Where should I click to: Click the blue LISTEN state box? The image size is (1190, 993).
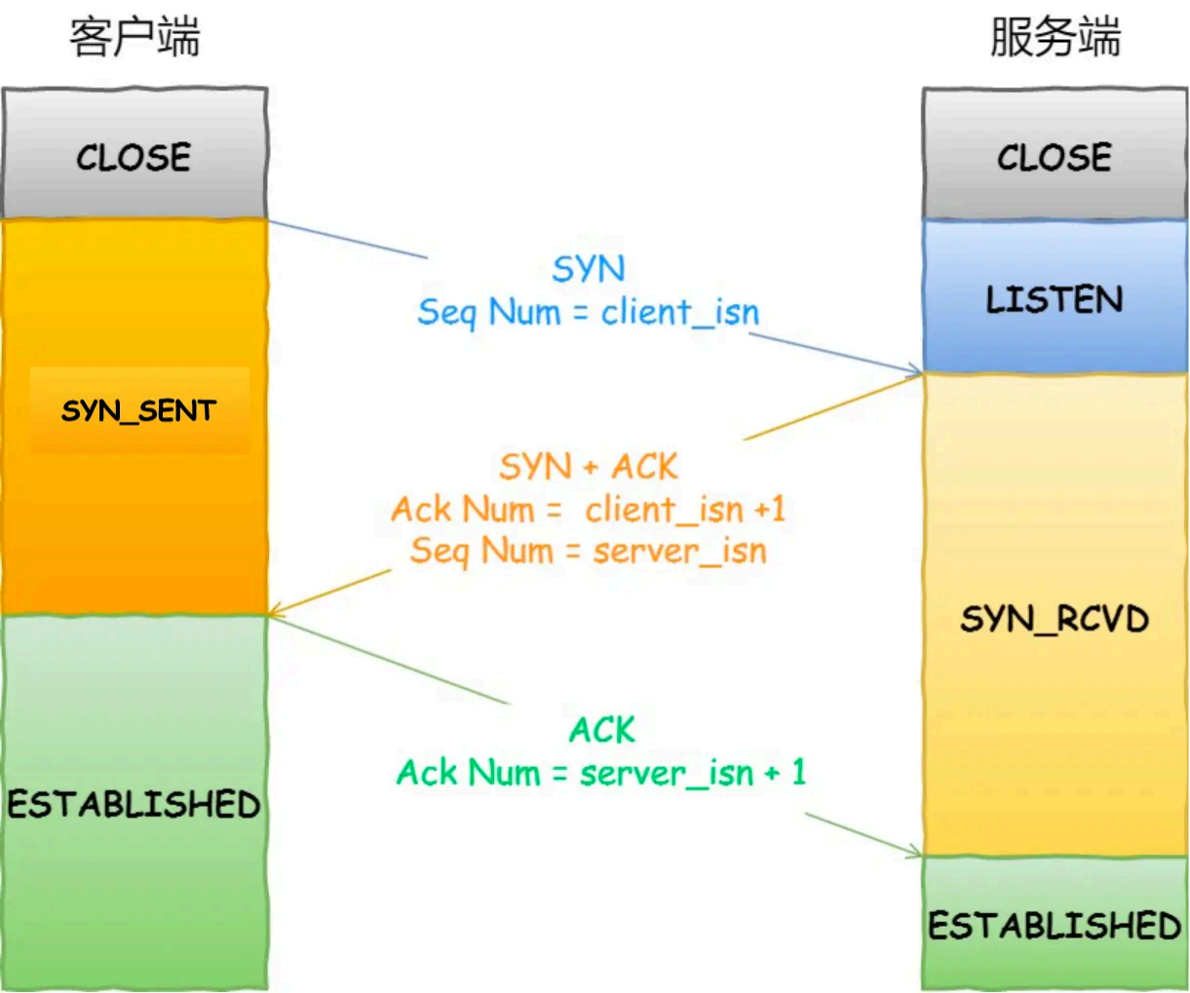click(x=1055, y=298)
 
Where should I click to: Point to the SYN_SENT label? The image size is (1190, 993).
click(x=138, y=410)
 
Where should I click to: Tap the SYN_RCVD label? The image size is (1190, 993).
click(x=1055, y=619)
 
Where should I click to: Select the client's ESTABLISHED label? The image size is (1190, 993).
click(x=134, y=804)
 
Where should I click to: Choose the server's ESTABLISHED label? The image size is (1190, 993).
click(x=1055, y=925)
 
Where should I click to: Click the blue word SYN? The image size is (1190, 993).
click(x=589, y=269)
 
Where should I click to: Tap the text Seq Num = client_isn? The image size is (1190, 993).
click(x=588, y=312)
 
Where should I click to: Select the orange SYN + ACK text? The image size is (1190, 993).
click(x=588, y=467)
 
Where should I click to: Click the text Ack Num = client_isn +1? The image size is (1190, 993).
click(x=588, y=509)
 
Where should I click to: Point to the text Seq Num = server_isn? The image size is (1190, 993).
click(x=588, y=551)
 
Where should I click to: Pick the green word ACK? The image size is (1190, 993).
click(x=601, y=730)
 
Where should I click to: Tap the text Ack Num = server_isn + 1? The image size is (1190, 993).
click(x=601, y=773)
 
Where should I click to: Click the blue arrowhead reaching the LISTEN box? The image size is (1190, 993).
click(x=916, y=371)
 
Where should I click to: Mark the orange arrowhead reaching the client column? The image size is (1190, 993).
click(x=275, y=612)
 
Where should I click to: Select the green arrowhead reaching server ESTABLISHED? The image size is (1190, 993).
click(x=916, y=855)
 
